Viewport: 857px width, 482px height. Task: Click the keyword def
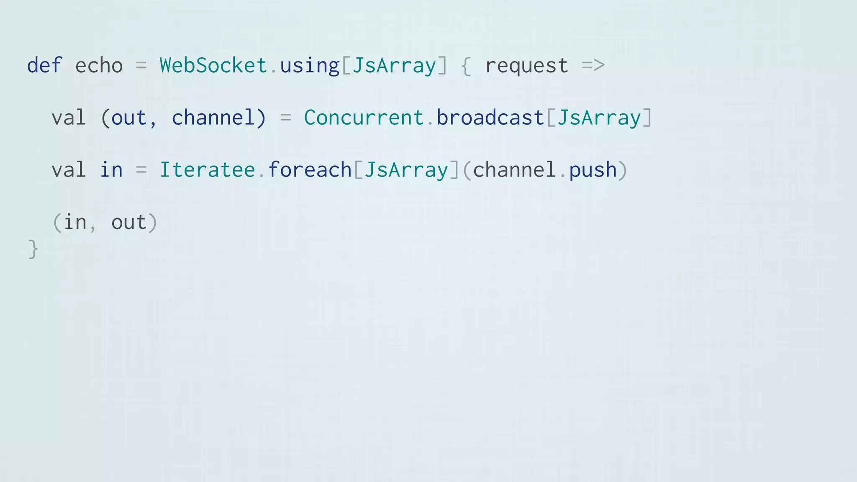[x=44, y=66]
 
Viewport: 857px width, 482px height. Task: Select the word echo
[x=99, y=66]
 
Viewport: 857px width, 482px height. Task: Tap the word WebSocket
[x=213, y=66]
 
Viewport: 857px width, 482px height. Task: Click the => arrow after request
[x=593, y=66]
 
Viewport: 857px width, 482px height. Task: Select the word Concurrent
[x=364, y=118]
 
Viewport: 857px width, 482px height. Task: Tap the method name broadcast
[x=490, y=118]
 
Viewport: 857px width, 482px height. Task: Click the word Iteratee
[x=207, y=170]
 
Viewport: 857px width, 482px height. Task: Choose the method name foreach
[x=310, y=170]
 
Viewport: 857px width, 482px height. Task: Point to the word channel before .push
[x=514, y=170]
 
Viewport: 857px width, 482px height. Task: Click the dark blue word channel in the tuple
[x=213, y=118]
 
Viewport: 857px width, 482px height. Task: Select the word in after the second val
[x=111, y=170]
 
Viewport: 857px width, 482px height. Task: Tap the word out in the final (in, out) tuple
[x=129, y=222]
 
